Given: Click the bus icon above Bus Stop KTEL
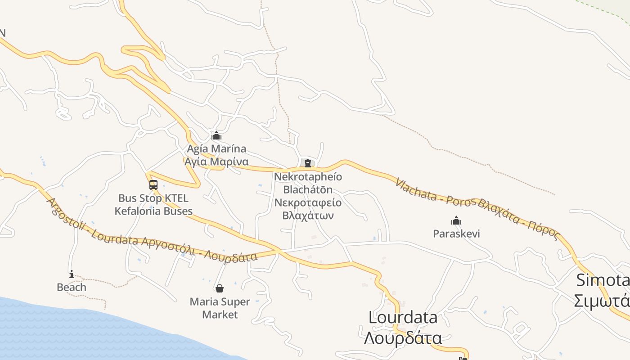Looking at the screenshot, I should click(x=153, y=185).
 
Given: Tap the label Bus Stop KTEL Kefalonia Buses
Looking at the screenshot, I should click(x=153, y=205).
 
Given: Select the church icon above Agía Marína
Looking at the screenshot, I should click(x=216, y=135).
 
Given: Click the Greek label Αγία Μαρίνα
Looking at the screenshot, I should click(x=216, y=162).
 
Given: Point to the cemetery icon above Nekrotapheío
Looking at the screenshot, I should click(x=308, y=163).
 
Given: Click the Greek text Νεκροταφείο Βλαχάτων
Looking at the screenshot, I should click(x=308, y=209).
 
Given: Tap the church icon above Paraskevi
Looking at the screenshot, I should click(x=456, y=220).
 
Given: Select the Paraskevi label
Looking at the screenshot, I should click(x=456, y=234).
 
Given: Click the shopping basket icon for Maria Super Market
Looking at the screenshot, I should click(x=220, y=288).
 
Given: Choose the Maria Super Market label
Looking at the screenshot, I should click(x=220, y=308).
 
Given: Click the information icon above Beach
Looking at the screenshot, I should click(x=71, y=274).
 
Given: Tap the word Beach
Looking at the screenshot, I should click(x=71, y=287).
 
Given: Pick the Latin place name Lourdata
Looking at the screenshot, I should click(x=403, y=318).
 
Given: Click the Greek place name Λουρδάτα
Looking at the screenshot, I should click(x=403, y=337).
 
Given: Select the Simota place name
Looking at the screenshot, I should click(x=603, y=280).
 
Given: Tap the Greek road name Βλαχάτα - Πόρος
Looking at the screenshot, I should click(x=517, y=219).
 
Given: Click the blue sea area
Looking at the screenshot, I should click(x=90, y=333).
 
